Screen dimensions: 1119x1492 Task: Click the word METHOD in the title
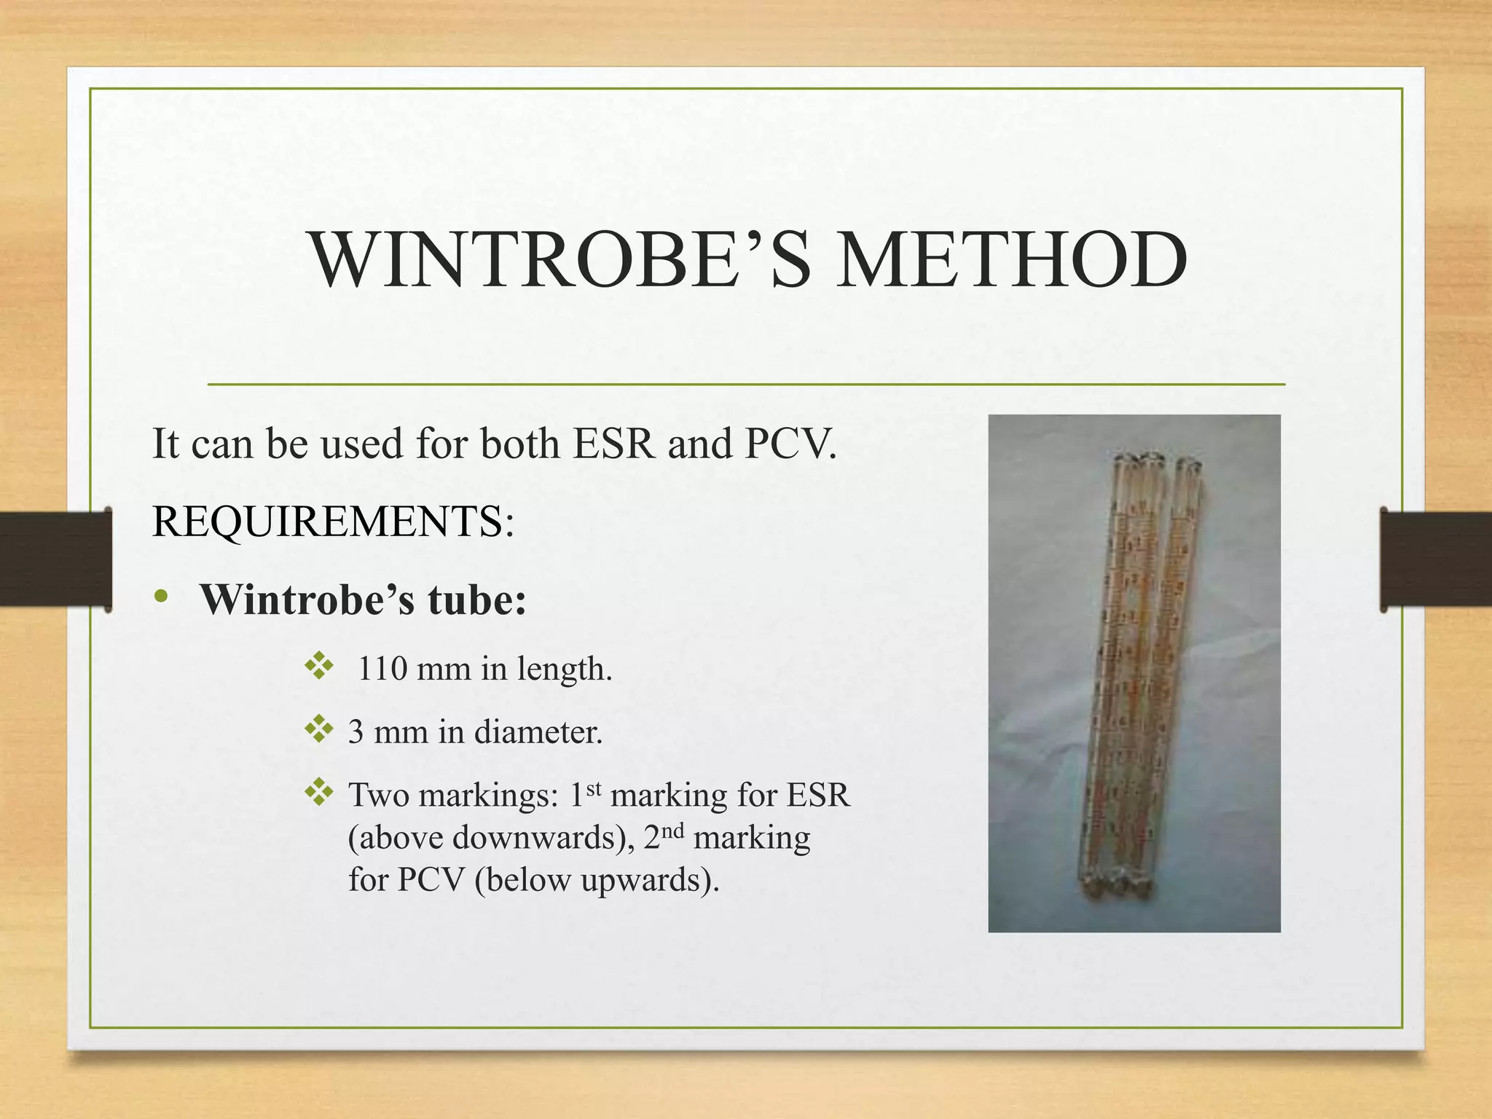coord(1011,260)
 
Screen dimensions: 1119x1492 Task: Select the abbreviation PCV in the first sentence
coord(790,443)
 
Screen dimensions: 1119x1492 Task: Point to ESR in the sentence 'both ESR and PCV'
coord(614,443)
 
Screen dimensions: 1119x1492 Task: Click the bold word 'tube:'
coord(476,600)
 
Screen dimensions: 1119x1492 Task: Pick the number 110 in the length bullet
coord(382,668)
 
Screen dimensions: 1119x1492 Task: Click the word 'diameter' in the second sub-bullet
coord(538,731)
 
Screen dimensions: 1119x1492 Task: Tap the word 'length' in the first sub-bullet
coord(565,670)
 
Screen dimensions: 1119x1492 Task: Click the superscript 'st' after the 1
coord(594,788)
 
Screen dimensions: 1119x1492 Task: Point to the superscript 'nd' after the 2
coord(674,831)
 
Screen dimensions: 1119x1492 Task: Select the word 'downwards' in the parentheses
coord(538,838)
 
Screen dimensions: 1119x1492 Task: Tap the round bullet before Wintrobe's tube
coord(162,597)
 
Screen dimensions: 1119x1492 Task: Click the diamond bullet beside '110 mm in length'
coord(319,666)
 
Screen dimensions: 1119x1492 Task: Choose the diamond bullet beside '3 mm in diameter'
coord(319,729)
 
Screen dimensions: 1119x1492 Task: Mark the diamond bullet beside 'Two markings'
coord(319,793)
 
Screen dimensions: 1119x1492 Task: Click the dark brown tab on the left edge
coord(55,559)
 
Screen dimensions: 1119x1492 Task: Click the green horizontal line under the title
coord(746,384)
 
